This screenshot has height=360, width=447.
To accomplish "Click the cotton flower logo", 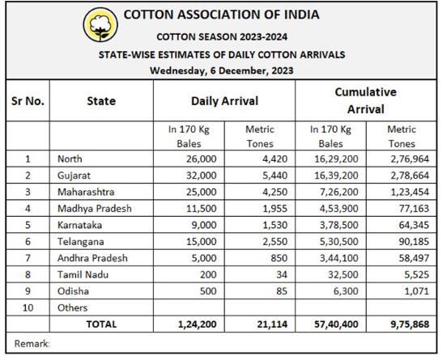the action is pos(100,25).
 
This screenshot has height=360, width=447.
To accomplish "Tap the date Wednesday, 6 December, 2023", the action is pos(222,70).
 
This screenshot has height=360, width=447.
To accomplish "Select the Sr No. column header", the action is pos(28,101).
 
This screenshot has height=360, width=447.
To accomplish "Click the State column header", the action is pos(101,101).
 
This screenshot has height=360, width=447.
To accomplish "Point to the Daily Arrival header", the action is pos(224,101).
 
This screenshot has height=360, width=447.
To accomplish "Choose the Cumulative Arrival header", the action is pos(366,100).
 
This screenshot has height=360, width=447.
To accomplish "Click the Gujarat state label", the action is pos(74,176).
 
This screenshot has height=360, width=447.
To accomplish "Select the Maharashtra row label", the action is pos(86,192).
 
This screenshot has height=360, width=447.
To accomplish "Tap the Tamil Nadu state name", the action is pos(83,275).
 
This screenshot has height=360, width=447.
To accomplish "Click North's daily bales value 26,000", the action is pos(202,159).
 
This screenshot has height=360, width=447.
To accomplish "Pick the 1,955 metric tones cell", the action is pos(275,209).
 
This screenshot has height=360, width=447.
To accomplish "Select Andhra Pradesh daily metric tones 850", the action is pos(279,258).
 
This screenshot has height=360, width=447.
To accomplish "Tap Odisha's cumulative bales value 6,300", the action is pos(346,291).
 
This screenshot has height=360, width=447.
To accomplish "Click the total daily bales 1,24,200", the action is pos(197,324).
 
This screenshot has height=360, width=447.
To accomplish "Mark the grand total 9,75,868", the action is pos(410,324).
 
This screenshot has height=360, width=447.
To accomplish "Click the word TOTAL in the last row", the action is pos(101,324).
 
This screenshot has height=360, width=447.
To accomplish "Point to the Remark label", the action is pos(32,344).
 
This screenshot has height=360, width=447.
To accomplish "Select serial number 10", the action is pos(28,308).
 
